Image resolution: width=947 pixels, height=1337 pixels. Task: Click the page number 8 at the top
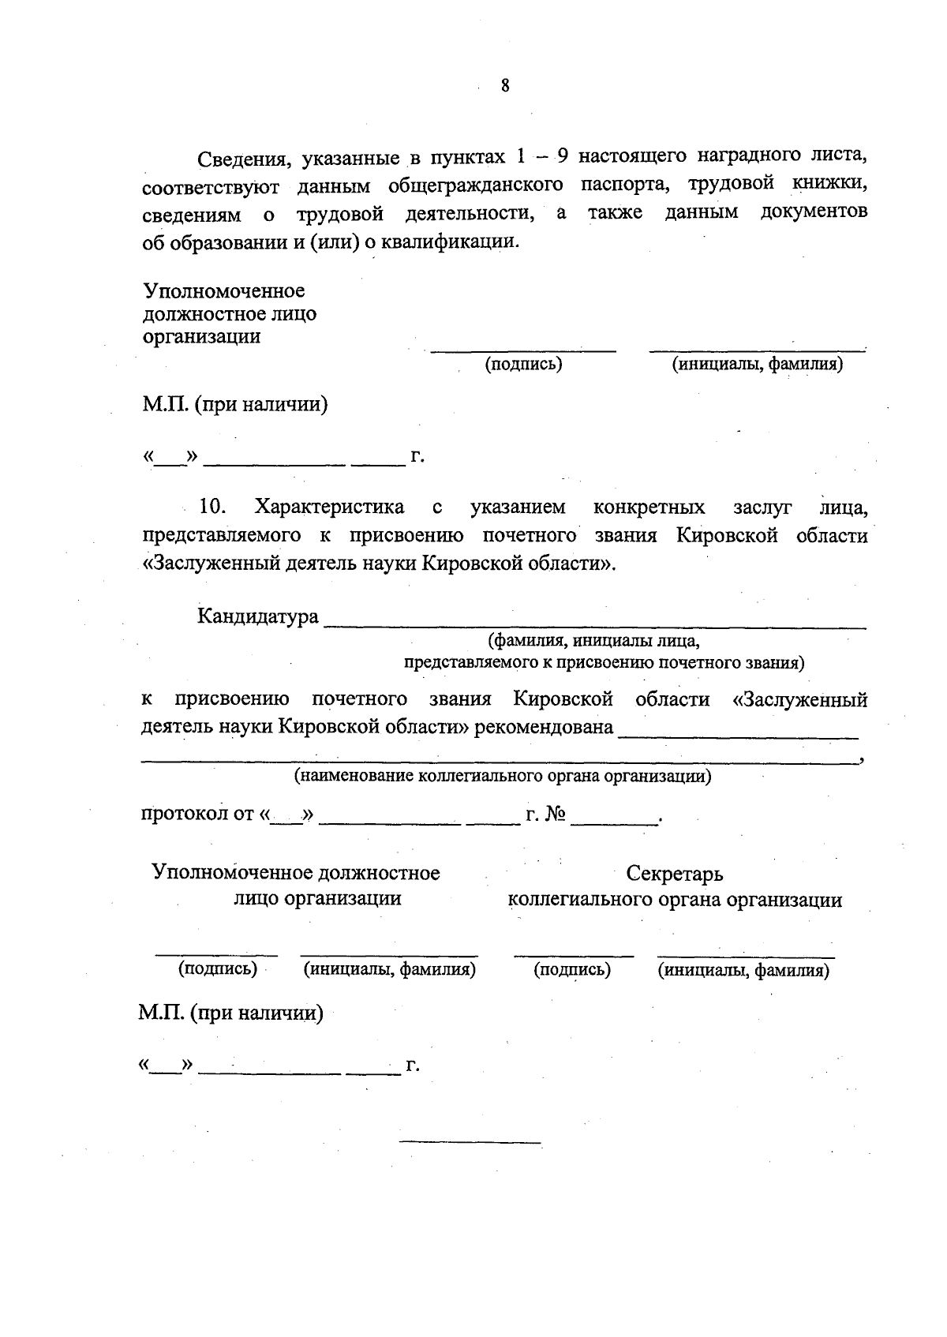505,86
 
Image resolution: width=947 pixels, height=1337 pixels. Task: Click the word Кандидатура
257,616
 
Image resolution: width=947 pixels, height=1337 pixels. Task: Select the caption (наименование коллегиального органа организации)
503,776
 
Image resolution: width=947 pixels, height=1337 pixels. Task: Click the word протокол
185,813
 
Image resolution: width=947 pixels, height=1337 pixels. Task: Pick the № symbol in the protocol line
556,814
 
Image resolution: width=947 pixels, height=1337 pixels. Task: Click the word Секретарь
675,874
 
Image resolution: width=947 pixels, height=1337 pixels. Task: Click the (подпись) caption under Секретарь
572,970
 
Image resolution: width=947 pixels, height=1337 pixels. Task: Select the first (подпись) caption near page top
523,364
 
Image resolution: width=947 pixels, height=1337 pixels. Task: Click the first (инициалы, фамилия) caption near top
757,364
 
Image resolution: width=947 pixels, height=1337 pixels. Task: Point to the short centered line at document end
470,1142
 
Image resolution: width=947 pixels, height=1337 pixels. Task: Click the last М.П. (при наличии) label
231,1013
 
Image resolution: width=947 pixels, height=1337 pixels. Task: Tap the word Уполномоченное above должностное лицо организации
224,291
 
